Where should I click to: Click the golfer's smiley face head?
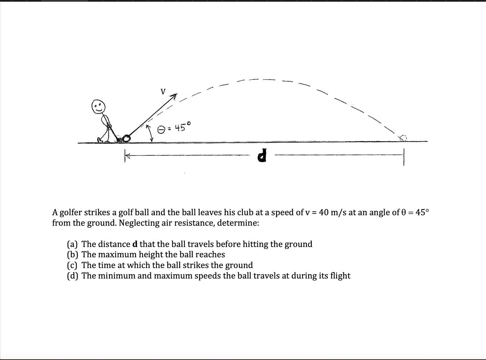pyautogui.click(x=98, y=107)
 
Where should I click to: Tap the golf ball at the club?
pyautogui.click(x=126, y=138)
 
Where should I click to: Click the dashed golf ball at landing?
pyautogui.click(x=403, y=138)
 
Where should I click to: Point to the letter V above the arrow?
pyautogui.click(x=163, y=92)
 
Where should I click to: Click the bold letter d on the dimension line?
pyautogui.click(x=262, y=156)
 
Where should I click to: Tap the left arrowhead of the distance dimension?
pyautogui.click(x=128, y=155)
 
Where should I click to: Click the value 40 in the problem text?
pyautogui.click(x=324, y=212)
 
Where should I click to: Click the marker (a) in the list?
pyautogui.click(x=72, y=244)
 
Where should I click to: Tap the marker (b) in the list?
pyautogui.click(x=72, y=255)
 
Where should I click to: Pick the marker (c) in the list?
pyautogui.click(x=72, y=265)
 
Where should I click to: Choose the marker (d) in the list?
pyautogui.click(x=72, y=276)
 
